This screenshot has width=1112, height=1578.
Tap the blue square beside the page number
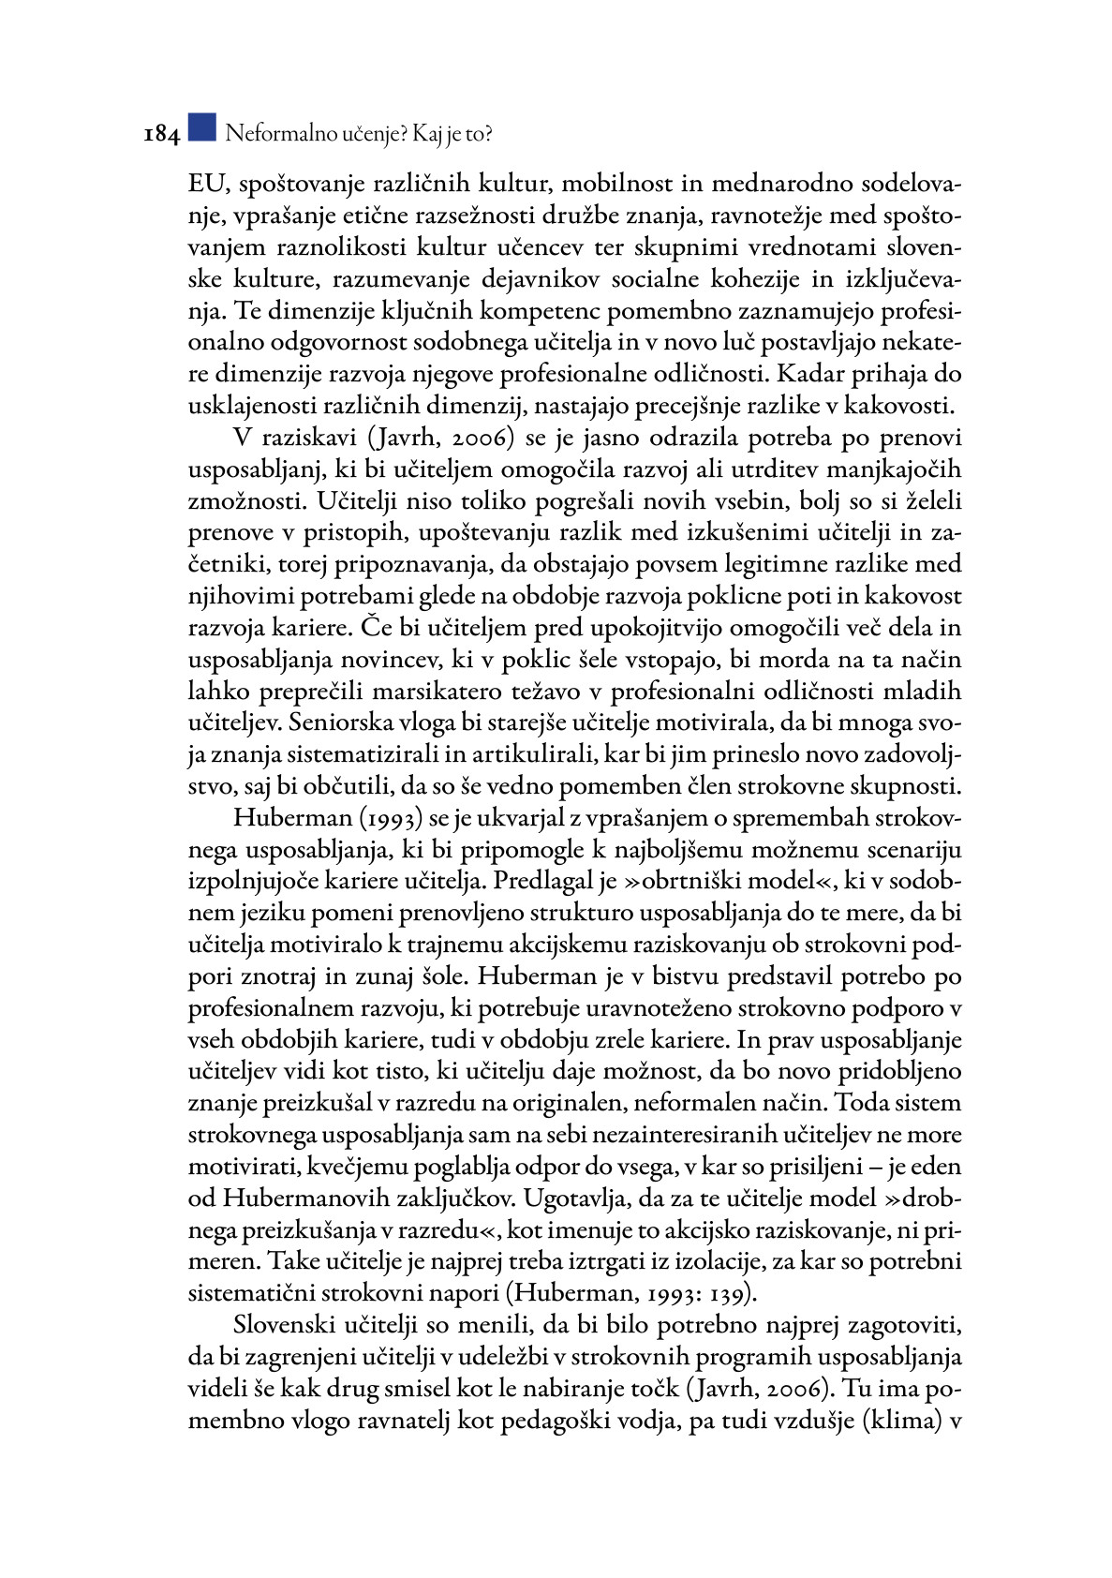click(201, 128)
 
